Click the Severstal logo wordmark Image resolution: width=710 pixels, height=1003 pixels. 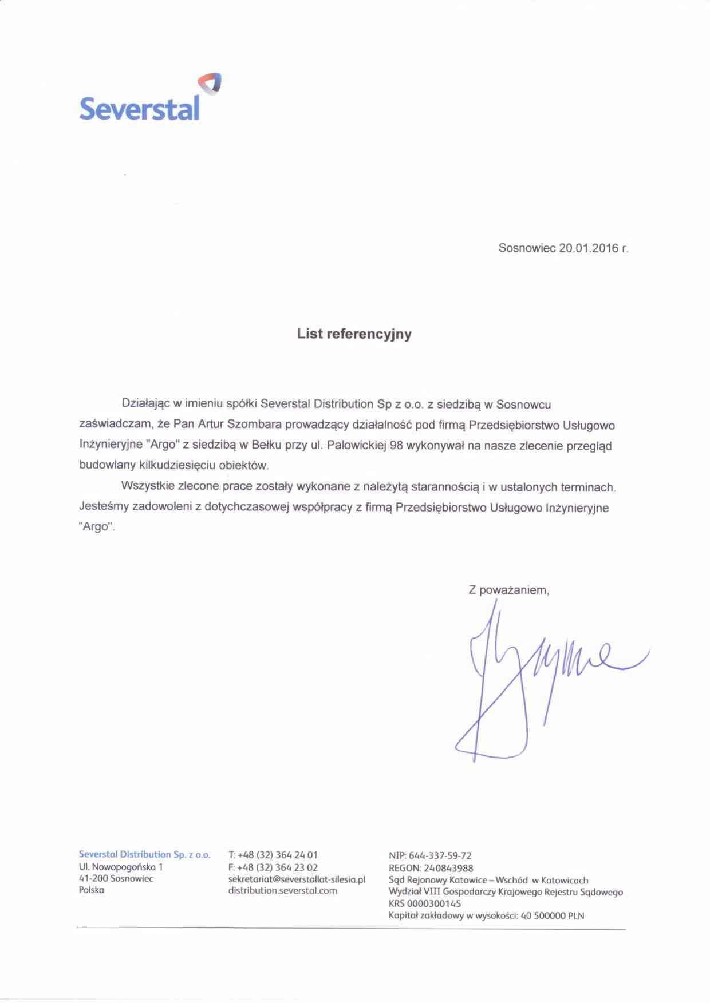[x=139, y=108]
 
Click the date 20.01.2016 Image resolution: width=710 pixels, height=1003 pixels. [x=589, y=248]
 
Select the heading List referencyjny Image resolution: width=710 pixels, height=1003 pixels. [x=354, y=334]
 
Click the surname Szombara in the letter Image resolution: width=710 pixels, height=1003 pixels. [x=254, y=425]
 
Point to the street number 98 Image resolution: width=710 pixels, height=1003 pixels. [x=396, y=445]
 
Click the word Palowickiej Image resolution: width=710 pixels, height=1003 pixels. [x=356, y=445]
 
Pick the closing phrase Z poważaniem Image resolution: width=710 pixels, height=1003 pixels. [x=508, y=590]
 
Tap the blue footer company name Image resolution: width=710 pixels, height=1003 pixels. [x=144, y=854]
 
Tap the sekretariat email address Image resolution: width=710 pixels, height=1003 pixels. [x=297, y=879]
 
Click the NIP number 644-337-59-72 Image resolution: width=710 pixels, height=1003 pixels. [x=440, y=855]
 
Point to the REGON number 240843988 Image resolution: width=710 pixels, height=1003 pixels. [x=448, y=867]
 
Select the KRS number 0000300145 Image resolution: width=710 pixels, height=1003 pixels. [x=433, y=903]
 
